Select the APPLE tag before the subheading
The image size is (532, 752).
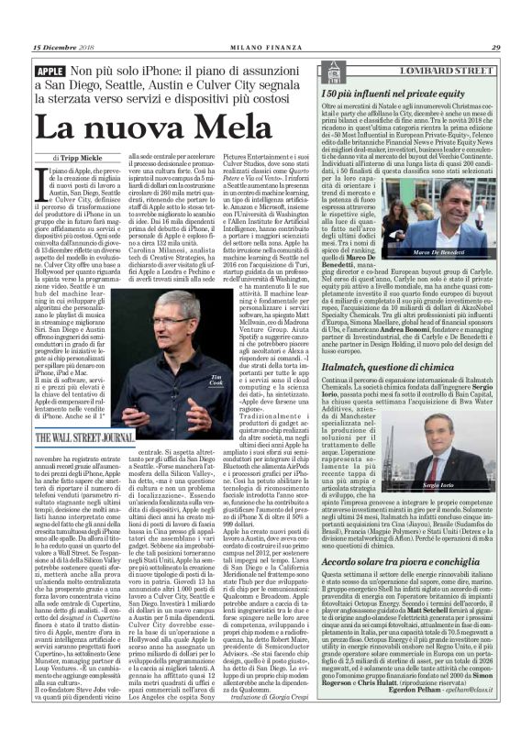point(48,72)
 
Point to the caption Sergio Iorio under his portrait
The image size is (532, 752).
point(472,508)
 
